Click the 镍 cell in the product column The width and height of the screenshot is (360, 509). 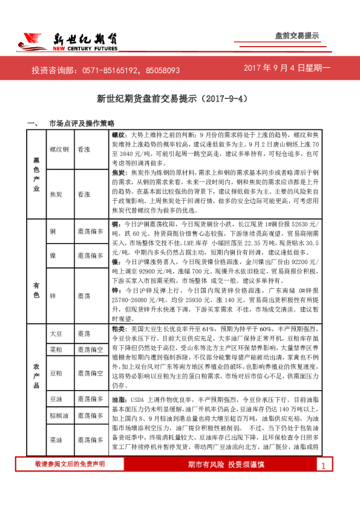coord(53,256)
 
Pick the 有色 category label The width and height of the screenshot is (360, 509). coord(37,275)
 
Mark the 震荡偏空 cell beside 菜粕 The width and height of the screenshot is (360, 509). coord(89,349)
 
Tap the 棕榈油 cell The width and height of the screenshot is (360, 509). coord(59,416)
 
